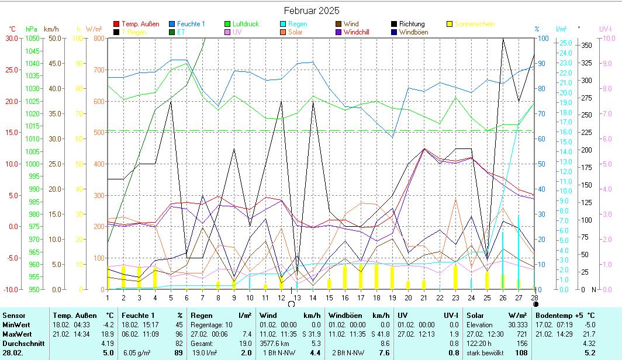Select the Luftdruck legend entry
click(x=245, y=24)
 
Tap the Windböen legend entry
click(x=414, y=32)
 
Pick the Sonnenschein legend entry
click(x=474, y=24)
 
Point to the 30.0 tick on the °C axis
click(x=11, y=38)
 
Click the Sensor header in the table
click(x=14, y=316)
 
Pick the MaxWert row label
click(x=17, y=333)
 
